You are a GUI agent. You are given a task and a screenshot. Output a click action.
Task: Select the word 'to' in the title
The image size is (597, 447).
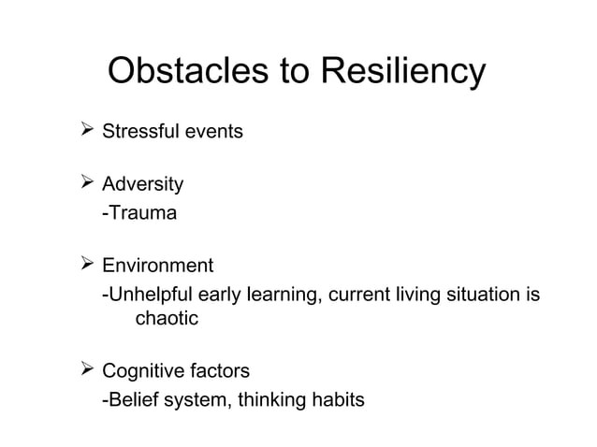(x=292, y=73)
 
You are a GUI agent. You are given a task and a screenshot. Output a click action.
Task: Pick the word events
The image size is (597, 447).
(x=213, y=132)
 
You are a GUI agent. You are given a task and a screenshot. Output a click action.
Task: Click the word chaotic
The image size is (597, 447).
(x=167, y=319)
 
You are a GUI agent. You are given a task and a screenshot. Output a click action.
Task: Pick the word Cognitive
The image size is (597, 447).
(x=143, y=373)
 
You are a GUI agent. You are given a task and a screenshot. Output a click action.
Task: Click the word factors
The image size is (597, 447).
(x=220, y=373)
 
